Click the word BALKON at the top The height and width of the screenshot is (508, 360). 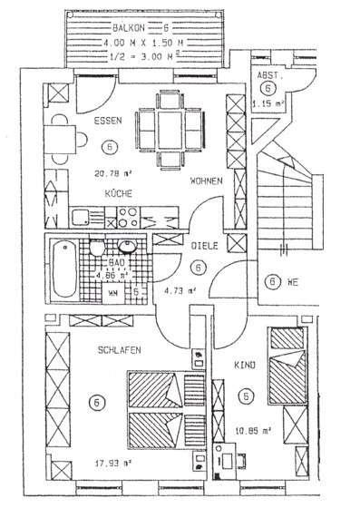(x=121, y=29)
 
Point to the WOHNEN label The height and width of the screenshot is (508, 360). (x=208, y=181)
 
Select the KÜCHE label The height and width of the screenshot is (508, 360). (x=120, y=194)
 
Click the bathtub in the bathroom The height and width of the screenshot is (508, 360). (x=64, y=268)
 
